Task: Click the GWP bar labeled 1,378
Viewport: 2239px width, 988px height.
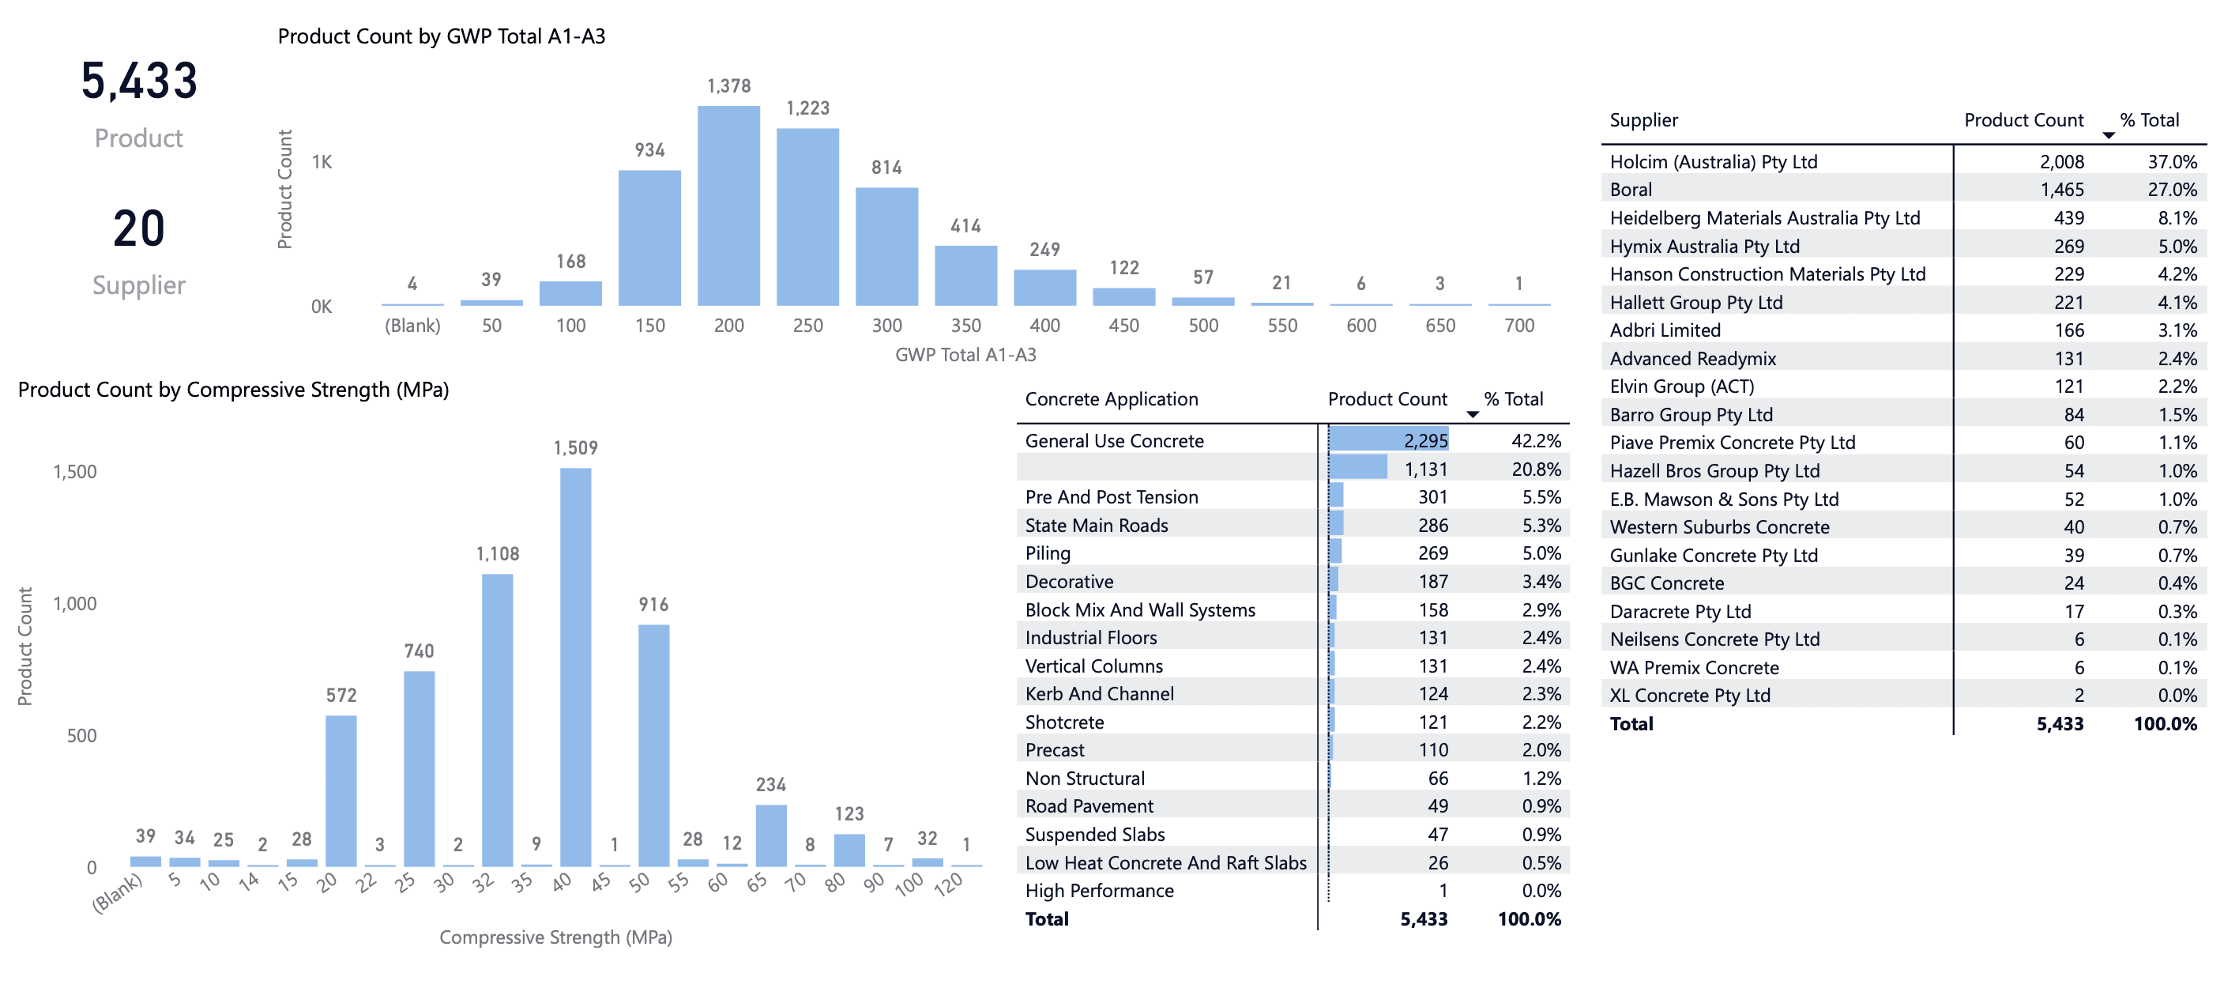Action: (728, 206)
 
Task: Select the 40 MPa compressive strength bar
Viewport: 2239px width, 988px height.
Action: (575, 667)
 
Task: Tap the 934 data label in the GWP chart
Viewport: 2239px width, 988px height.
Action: (649, 150)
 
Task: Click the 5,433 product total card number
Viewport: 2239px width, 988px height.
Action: (139, 81)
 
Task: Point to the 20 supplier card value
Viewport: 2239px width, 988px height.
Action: (139, 228)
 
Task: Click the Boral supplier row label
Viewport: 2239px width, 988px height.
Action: (1631, 190)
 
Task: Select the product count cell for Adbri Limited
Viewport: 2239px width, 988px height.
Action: (2068, 330)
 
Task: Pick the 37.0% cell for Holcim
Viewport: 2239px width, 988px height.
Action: (2172, 162)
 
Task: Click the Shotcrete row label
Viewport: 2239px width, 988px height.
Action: (1064, 722)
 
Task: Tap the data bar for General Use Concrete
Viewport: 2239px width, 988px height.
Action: (1388, 440)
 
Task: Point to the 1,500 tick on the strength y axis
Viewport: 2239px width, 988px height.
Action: (75, 472)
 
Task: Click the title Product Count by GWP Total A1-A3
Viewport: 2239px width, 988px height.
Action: (442, 36)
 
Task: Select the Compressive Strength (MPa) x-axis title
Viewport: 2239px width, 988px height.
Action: (555, 937)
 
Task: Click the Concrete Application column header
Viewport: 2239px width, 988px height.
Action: (1111, 399)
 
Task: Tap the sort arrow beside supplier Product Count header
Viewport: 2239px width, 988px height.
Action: (2108, 136)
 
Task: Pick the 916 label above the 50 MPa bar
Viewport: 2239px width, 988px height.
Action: (653, 605)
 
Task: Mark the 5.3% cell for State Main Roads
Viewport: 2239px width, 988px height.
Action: (1541, 526)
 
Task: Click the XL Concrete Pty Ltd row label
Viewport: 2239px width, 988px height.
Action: (1690, 696)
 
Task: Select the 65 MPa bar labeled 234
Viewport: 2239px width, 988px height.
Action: (771, 835)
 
